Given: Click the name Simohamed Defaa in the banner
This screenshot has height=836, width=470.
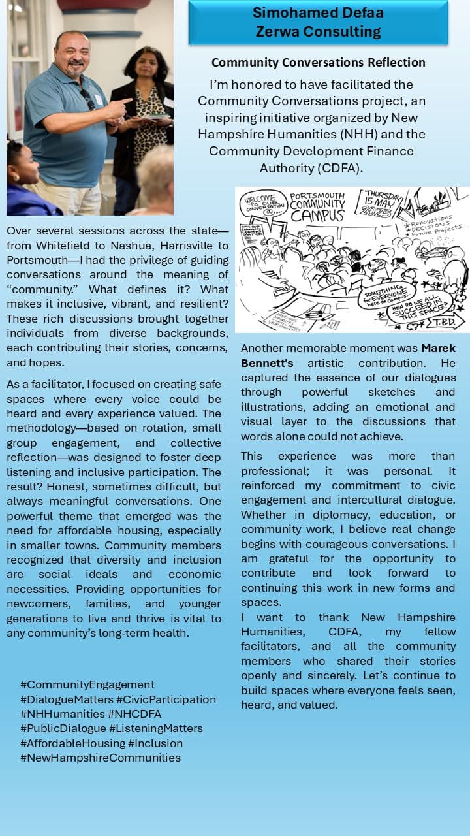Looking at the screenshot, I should [318, 12].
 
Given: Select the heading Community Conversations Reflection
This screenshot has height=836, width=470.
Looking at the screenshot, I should [318, 63].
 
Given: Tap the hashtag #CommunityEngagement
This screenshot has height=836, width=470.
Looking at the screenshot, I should [87, 684].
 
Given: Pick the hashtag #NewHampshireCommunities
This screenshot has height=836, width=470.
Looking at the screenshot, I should [101, 758].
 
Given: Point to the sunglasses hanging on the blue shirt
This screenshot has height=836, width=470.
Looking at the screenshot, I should [87, 99].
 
